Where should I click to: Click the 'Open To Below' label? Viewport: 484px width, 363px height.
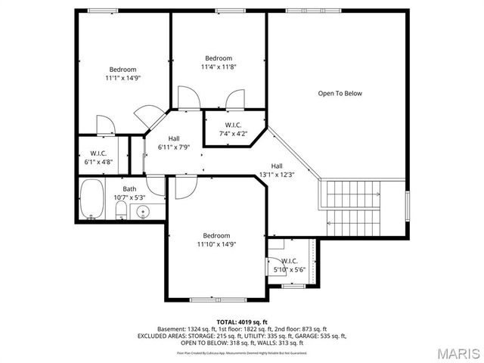point(340,94)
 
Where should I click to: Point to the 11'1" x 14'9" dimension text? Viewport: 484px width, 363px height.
point(123,78)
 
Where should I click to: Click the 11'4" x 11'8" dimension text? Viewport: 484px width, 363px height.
point(219,67)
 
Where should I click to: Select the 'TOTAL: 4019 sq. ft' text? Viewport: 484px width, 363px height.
point(242,322)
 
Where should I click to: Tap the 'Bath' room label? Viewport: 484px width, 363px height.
point(130,189)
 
